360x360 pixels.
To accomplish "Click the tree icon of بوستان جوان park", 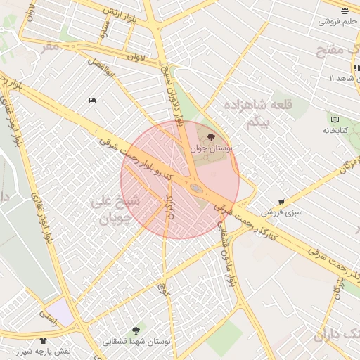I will (212, 137).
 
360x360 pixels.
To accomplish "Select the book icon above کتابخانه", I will (334, 119).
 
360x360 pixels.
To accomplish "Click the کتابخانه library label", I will (336, 130).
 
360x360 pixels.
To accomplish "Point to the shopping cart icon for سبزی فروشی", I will (281, 201).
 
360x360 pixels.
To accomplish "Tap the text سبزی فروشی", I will (281, 212).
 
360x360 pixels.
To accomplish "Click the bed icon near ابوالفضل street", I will (92, 101).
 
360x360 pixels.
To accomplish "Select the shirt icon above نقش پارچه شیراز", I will (43, 340).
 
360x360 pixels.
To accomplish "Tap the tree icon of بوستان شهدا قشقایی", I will (136, 330).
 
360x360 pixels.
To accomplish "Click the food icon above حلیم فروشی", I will (344, 11).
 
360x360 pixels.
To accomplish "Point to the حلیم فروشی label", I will (337, 22).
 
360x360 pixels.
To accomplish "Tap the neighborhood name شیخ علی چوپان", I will (116, 210).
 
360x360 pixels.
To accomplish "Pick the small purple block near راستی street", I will (60, 311).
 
